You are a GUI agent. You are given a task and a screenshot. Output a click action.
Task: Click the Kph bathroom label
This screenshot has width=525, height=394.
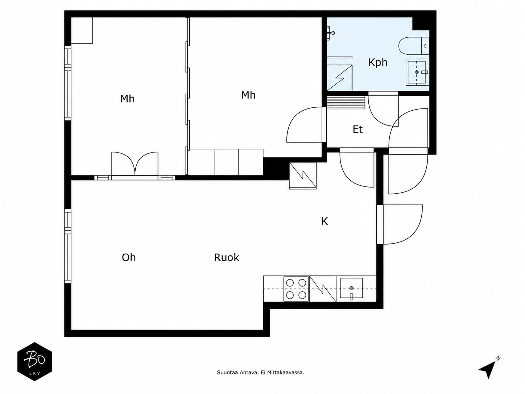[x=378, y=62]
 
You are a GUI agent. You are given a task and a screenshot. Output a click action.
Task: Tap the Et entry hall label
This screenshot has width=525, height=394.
[x=357, y=129]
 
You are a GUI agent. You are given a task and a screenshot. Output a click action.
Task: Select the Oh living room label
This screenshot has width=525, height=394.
[x=129, y=257]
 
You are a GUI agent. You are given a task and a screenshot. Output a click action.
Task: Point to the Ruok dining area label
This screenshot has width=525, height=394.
[x=227, y=257]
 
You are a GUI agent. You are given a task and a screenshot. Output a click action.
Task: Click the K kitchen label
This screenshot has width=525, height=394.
[x=324, y=221]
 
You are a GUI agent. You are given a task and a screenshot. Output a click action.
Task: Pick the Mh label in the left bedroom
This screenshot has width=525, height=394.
[x=128, y=99]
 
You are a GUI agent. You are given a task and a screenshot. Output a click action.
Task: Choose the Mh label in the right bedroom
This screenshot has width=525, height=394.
[x=248, y=95]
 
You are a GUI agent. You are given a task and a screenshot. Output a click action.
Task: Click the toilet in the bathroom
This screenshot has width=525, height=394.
[x=414, y=46]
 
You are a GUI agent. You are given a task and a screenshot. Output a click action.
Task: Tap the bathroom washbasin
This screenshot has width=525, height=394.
[x=417, y=72]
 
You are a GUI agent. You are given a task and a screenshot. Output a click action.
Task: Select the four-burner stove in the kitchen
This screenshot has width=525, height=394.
[x=296, y=289]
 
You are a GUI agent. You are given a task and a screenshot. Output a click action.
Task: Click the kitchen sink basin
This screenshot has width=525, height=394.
[x=351, y=288]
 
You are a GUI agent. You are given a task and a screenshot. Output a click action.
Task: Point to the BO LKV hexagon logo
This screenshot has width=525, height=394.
[x=35, y=361]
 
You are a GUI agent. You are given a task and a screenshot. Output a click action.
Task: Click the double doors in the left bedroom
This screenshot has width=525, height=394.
[x=135, y=164]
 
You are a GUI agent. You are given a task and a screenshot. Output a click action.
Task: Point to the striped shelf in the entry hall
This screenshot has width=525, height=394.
[x=346, y=103]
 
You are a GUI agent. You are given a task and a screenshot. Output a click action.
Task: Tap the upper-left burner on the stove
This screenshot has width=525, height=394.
[x=290, y=283]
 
